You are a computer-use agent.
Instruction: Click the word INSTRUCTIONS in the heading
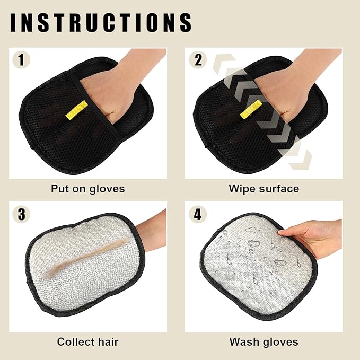click(x=101, y=22)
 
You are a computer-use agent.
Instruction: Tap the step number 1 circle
click(x=21, y=59)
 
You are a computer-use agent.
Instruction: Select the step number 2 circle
click(x=198, y=59)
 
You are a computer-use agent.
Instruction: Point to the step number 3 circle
click(x=21, y=214)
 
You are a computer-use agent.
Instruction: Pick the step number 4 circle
click(x=198, y=214)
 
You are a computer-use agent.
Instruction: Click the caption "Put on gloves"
click(x=87, y=188)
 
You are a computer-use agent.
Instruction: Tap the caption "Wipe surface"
click(x=264, y=188)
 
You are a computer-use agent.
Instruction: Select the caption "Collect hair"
click(x=87, y=342)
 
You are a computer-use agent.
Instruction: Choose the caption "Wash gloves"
click(x=264, y=342)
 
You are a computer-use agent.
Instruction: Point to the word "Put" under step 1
click(x=60, y=188)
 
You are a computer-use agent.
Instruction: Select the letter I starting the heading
click(x=13, y=22)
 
